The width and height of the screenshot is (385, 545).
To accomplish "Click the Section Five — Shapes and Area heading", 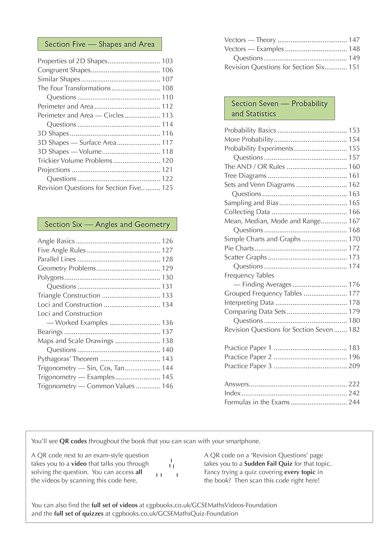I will (x=99, y=44).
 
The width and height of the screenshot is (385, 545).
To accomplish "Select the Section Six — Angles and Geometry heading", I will (x=107, y=225).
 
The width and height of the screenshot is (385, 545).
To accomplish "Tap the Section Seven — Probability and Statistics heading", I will (x=279, y=109).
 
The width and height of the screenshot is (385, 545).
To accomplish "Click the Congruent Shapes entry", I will (x=64, y=70).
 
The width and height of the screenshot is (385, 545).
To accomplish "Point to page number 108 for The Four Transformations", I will (x=167, y=88).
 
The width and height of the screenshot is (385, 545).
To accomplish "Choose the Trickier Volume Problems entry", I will (x=75, y=161).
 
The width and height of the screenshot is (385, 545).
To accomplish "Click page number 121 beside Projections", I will (x=167, y=170).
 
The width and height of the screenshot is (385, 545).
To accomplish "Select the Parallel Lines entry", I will (x=57, y=259).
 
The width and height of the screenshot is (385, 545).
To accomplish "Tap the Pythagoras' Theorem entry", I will (x=68, y=359).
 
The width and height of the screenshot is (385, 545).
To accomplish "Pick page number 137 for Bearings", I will (x=167, y=332).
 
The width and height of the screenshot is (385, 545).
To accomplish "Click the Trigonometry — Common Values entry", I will (x=86, y=386).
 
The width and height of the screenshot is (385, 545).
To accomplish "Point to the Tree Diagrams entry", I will (x=245, y=176).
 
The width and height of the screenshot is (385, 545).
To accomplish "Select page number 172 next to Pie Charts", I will (x=354, y=248).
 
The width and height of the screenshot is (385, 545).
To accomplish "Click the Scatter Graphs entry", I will (x=245, y=257).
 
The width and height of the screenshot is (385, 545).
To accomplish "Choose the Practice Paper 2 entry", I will (x=248, y=357).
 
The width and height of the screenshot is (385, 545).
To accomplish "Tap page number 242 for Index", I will (x=354, y=393).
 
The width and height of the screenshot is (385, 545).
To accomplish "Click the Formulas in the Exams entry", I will (x=257, y=402).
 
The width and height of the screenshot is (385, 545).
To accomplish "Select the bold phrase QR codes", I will (x=73, y=441).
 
